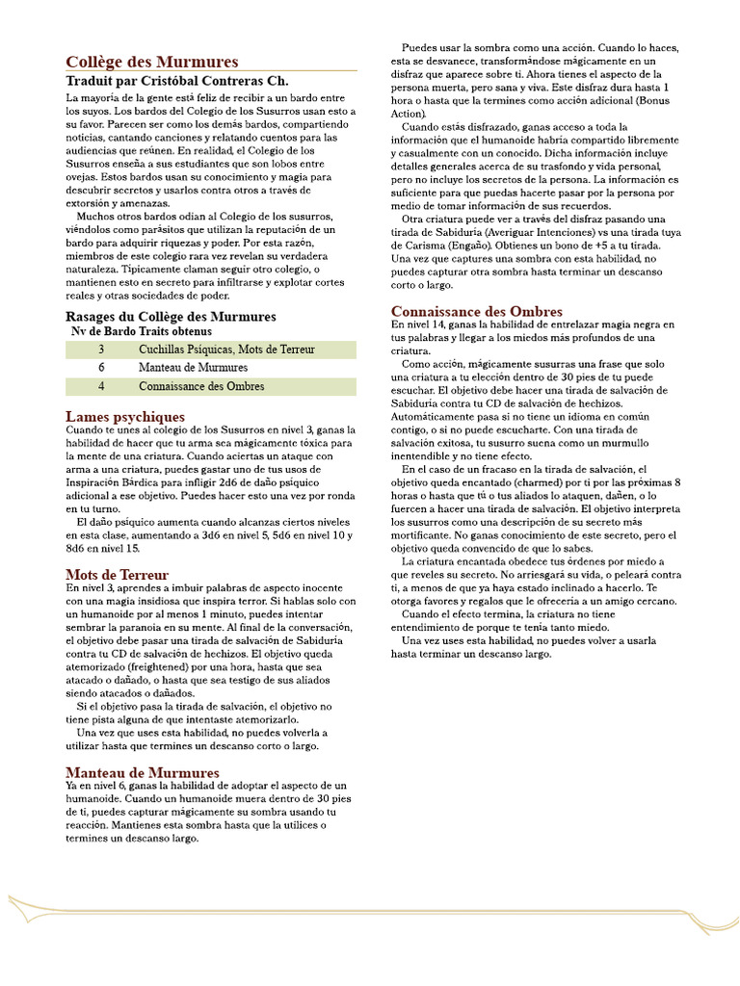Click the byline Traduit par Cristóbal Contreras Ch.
pyautogui.click(x=176, y=81)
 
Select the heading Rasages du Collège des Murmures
pyautogui.click(x=171, y=316)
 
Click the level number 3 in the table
pyautogui.click(x=101, y=349)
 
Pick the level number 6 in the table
pyautogui.click(x=101, y=368)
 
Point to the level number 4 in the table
pyautogui.click(x=101, y=386)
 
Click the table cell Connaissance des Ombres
pyautogui.click(x=201, y=386)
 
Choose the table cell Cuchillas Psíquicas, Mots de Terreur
pyautogui.click(x=226, y=349)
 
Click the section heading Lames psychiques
pyautogui.click(x=124, y=416)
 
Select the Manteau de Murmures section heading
pyautogui.click(x=142, y=772)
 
